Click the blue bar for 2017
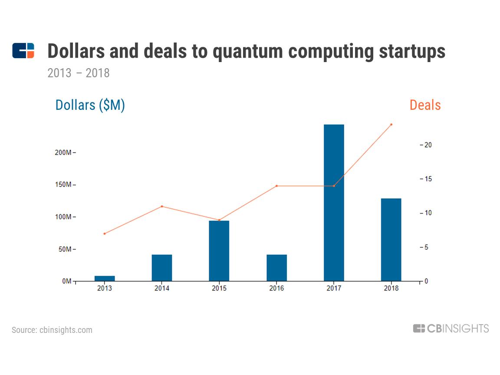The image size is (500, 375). tap(334, 203)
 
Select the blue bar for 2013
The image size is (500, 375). tap(105, 278)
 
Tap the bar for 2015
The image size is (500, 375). tap(219, 251)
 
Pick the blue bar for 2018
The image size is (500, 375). tap(391, 240)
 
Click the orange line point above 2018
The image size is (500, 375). tap(391, 125)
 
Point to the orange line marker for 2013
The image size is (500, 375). tap(105, 234)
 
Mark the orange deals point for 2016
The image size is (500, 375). tap(276, 186)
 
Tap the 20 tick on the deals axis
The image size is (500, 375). tap(428, 145)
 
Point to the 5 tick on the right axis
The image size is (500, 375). tap(426, 247)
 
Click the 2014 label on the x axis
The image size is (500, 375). tap(162, 288)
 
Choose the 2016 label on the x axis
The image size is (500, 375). tap(276, 288)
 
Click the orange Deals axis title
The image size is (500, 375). tap(425, 105)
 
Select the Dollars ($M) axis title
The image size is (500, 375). tap(90, 105)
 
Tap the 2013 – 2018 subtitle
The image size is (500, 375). tap(79, 73)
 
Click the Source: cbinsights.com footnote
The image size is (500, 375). tap(52, 330)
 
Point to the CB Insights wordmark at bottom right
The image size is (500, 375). tap(451, 329)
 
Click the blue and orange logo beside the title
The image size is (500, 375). tap(23, 51)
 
